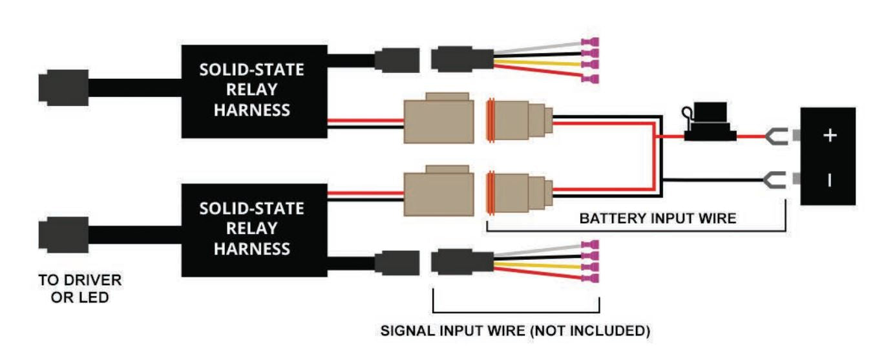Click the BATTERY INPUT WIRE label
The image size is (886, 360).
pyautogui.click(x=657, y=218)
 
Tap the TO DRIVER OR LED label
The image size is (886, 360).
pyautogui.click(x=79, y=288)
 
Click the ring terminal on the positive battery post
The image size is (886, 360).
pyautogui.click(x=775, y=136)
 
